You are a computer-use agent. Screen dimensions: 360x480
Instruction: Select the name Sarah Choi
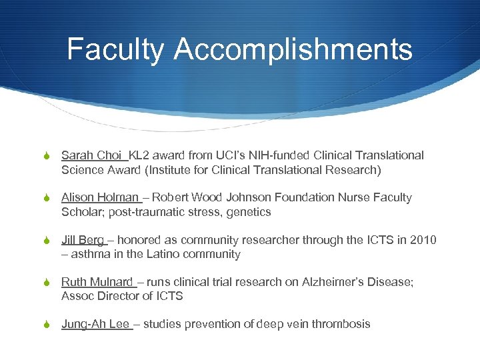(91, 155)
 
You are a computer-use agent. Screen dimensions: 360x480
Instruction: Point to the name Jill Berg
(83, 240)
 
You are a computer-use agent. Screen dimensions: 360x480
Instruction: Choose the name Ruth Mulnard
(97, 282)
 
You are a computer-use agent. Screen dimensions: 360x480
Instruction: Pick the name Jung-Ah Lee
(95, 324)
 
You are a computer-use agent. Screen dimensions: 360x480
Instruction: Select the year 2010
(423, 240)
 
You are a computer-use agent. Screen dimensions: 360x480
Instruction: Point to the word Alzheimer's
(315, 282)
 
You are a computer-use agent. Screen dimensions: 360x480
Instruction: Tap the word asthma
(91, 254)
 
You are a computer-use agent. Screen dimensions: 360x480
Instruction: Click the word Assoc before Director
(78, 296)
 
